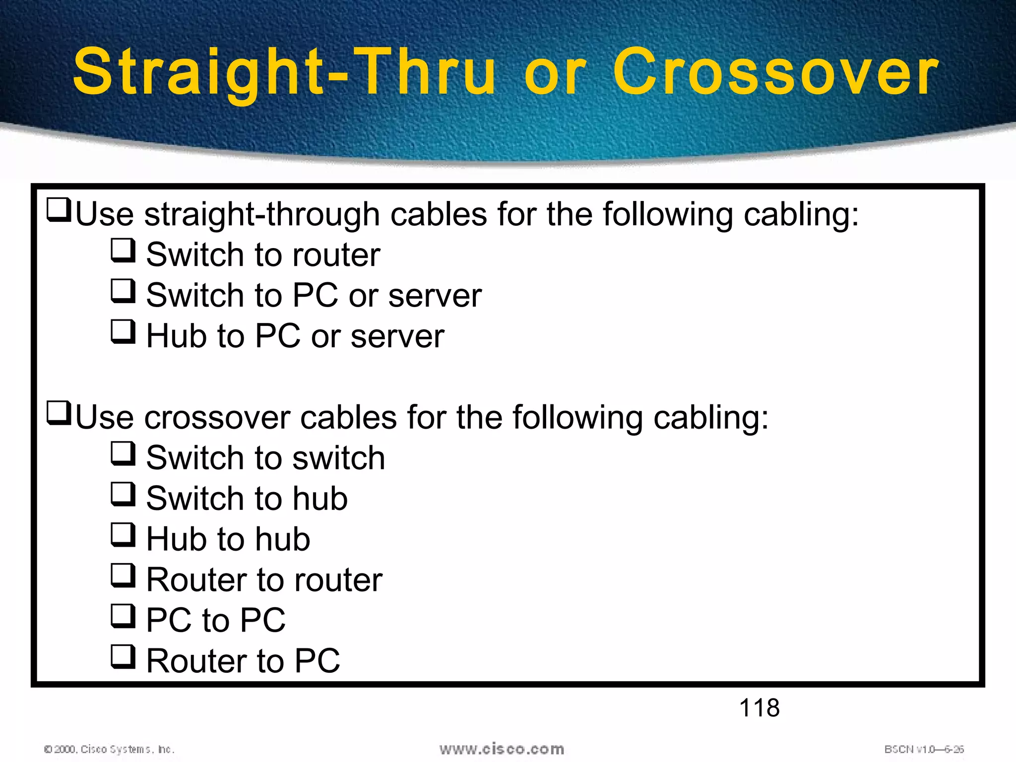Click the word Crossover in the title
(775, 72)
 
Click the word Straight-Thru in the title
(284, 72)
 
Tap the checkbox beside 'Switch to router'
(123, 251)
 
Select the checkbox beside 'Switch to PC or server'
(123, 291)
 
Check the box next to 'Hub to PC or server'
(123, 332)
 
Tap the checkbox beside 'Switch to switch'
(123, 453)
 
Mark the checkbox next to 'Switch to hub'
(123, 494)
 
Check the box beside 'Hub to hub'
(123, 535)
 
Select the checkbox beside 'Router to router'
(123, 575)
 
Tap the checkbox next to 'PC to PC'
(123, 616)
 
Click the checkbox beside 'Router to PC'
(123, 657)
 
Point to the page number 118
(759, 707)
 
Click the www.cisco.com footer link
(502, 749)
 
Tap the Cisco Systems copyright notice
(109, 749)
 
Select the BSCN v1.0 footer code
(924, 749)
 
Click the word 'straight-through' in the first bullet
(262, 215)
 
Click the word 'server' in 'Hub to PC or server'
(397, 336)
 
